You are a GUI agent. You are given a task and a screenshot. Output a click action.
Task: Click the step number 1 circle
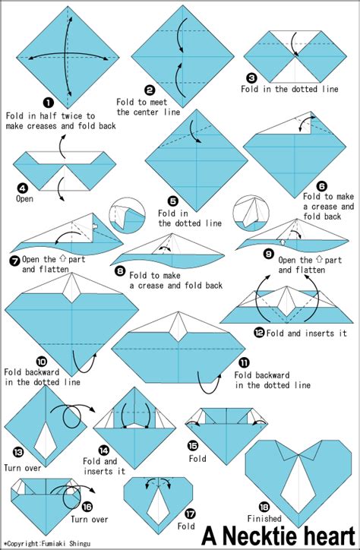point(48,102)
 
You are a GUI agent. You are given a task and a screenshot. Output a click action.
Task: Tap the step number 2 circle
point(150,89)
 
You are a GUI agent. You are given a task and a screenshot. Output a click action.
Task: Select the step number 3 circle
point(251,77)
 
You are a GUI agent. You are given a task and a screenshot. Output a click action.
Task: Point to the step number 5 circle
point(173,201)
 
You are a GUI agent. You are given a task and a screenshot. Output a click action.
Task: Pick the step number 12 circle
point(259,331)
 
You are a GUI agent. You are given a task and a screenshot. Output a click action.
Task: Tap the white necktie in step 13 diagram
point(46,439)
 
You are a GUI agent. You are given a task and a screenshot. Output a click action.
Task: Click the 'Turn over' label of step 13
point(23,468)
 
